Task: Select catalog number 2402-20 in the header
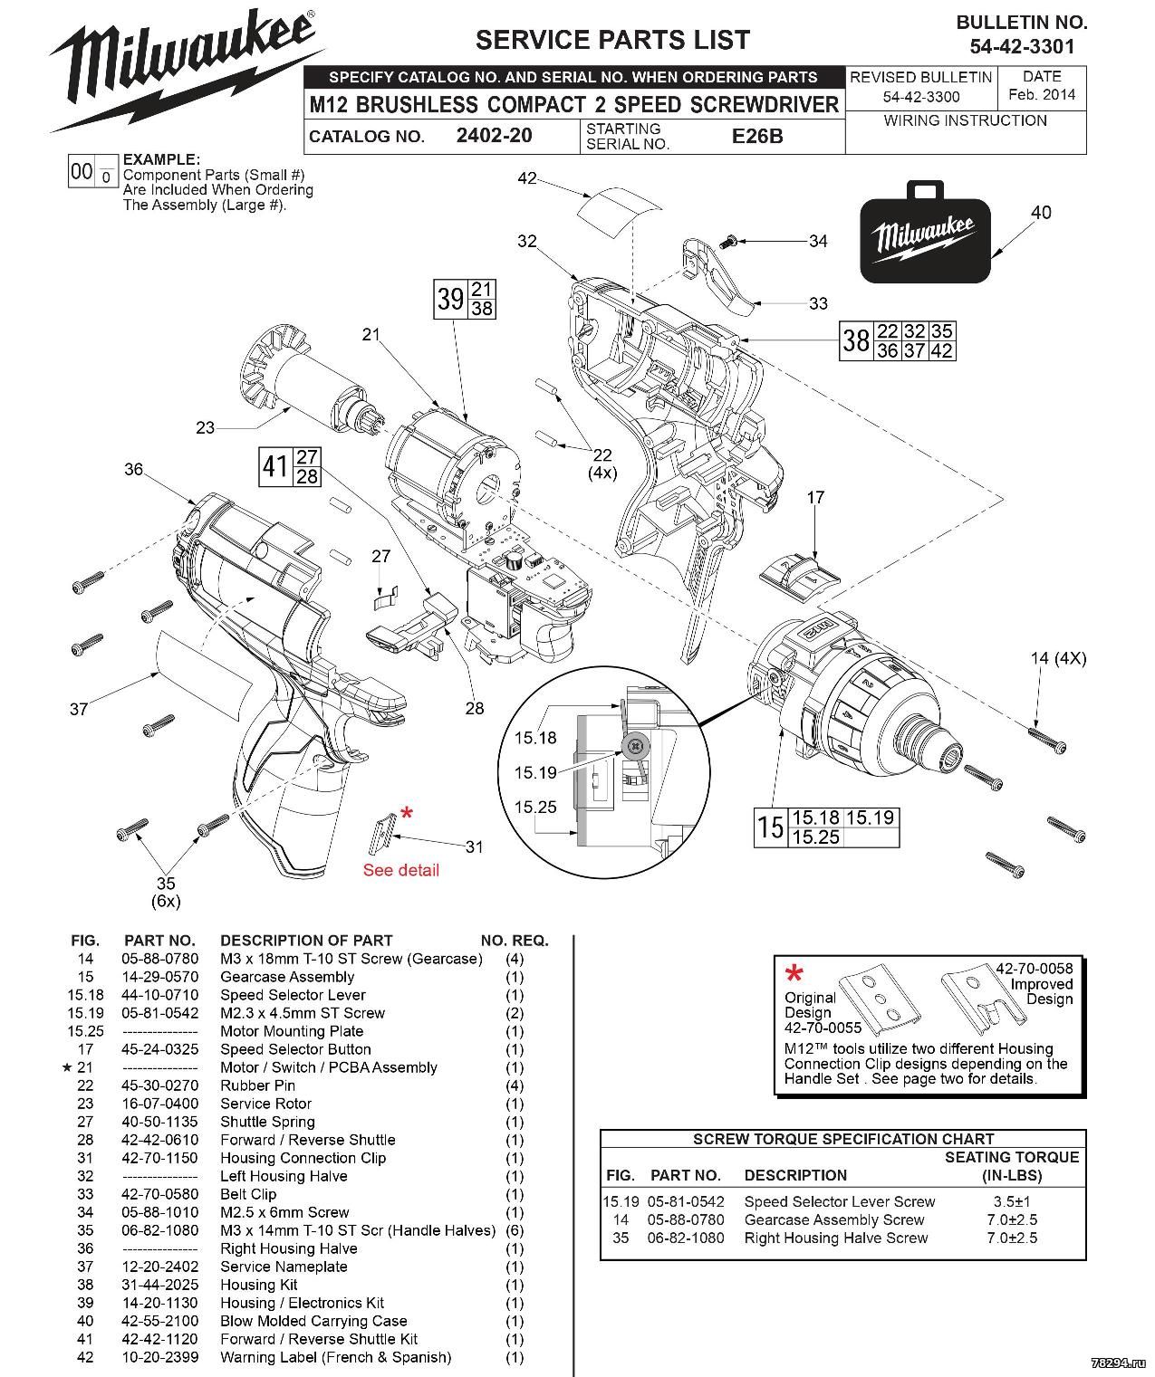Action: tap(494, 136)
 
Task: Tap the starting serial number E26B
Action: tap(757, 137)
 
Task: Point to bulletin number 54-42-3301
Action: tap(1022, 45)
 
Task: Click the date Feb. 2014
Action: tap(1041, 94)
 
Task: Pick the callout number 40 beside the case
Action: tap(1041, 212)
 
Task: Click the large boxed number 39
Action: tap(450, 299)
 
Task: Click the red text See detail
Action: tap(401, 870)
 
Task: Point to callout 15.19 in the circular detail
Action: tap(535, 772)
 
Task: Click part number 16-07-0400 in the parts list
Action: tap(159, 1104)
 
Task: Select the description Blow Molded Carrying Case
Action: tap(313, 1321)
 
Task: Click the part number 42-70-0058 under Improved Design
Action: tap(1034, 969)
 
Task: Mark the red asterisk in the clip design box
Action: tap(794, 975)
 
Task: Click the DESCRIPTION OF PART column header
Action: tap(306, 941)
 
